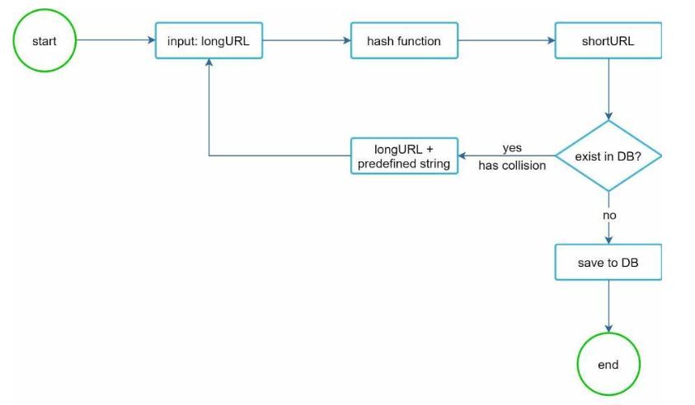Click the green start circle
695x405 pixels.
point(45,40)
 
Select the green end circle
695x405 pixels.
point(608,364)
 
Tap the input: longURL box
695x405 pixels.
point(209,40)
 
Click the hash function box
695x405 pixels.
point(404,40)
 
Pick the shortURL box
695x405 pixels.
point(608,40)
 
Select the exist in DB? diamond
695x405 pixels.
point(608,156)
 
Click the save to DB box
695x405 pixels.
point(608,262)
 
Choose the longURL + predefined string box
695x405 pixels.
point(404,156)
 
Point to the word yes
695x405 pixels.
point(512,148)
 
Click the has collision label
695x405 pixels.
point(512,165)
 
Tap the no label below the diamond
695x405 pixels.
point(609,216)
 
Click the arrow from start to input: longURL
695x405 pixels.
point(115,40)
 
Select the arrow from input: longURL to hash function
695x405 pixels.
point(307,40)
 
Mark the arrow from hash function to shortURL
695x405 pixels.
point(507,40)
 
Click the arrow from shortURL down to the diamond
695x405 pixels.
point(608,90)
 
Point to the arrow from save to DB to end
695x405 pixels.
point(608,306)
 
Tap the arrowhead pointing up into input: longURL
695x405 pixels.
point(209,63)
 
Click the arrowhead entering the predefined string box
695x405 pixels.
point(463,156)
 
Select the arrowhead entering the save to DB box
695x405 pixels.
point(608,240)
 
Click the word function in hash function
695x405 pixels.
point(420,41)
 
